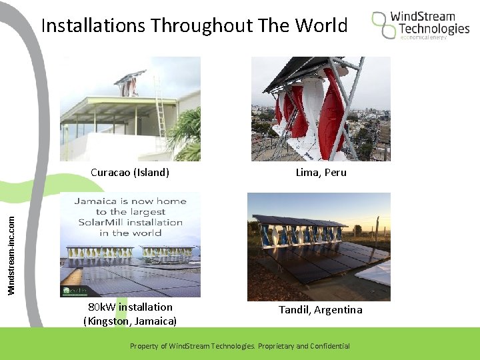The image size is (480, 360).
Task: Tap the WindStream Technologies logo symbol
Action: click(383, 24)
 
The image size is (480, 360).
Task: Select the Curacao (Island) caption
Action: click(130, 173)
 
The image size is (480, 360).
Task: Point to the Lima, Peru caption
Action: click(321, 173)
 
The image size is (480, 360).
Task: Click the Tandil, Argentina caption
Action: click(320, 310)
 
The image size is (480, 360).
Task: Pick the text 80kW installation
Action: click(130, 307)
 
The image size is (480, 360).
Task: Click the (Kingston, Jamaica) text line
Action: click(130, 321)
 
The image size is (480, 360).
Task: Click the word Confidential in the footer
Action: click(328, 346)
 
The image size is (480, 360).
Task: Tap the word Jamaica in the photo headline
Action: click(97, 201)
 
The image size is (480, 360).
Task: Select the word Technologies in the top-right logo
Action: click(434, 29)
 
